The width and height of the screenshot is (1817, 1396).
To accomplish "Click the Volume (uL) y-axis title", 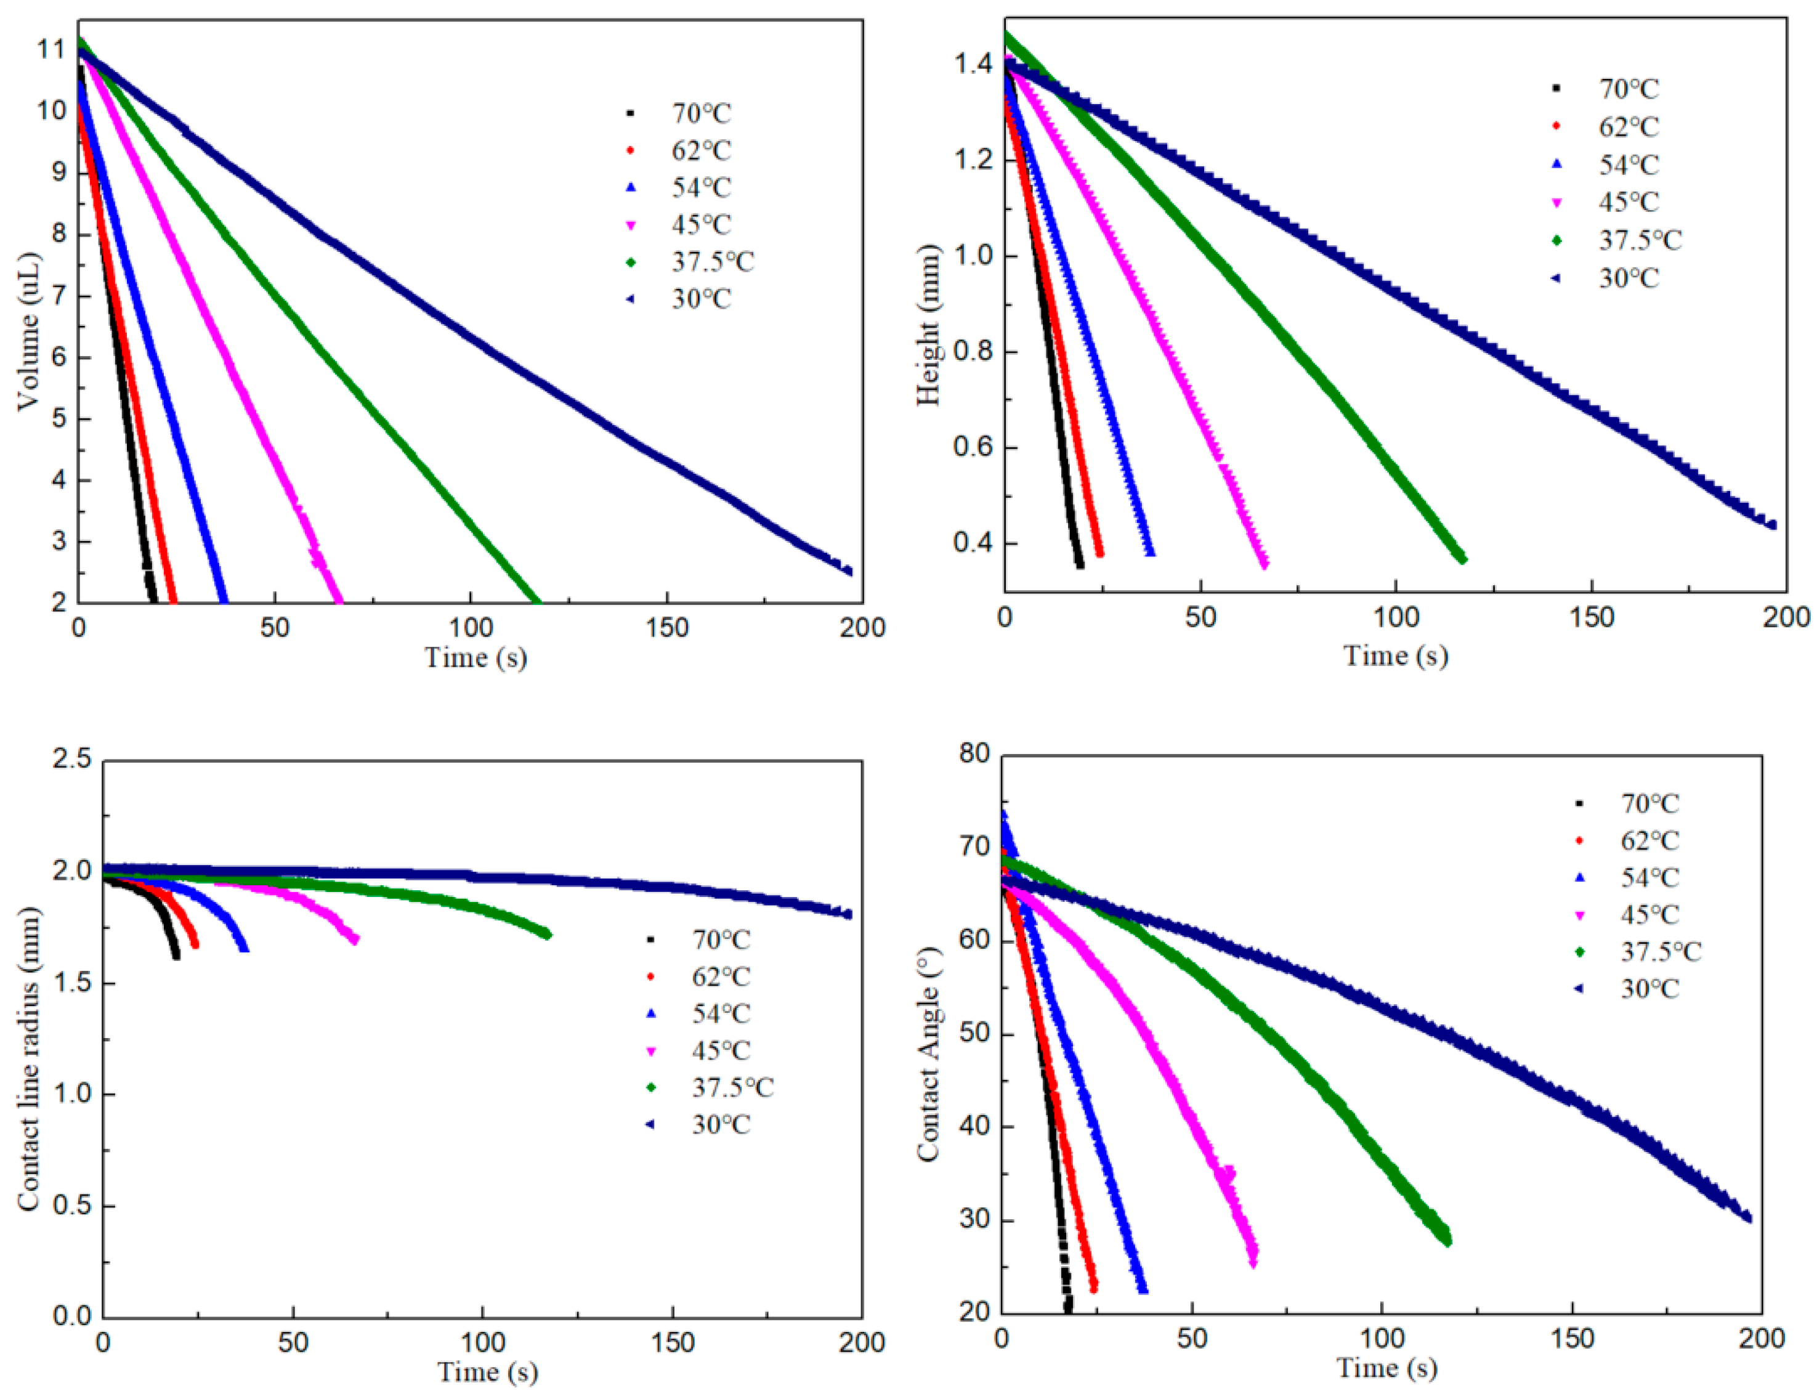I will point(29,331).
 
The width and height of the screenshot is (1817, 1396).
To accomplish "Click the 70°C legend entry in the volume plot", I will point(700,113).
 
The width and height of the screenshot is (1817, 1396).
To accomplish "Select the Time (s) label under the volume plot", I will point(475,657).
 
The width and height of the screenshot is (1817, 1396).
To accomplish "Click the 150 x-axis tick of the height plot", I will point(1590,617).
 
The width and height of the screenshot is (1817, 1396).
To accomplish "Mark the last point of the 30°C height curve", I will point(1771,524).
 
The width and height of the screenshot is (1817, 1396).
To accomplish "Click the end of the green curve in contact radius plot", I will point(547,935).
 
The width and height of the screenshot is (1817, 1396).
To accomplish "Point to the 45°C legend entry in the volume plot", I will point(700,224).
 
